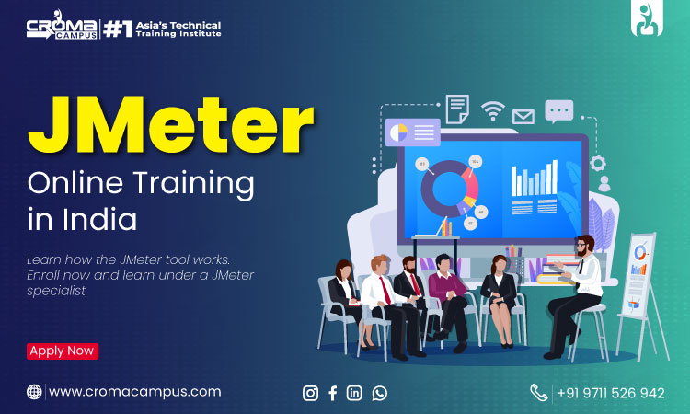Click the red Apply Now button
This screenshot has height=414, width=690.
point(63,351)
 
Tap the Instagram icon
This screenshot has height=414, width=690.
point(310,393)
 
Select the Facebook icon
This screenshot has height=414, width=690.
point(333,393)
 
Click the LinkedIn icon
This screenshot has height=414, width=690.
point(354,393)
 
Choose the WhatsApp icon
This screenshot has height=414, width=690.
point(379,393)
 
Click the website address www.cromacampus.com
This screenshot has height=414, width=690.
point(134,392)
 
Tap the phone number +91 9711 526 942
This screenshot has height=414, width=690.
point(610,393)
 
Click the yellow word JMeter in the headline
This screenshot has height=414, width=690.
point(171,124)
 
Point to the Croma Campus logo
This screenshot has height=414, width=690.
point(62,26)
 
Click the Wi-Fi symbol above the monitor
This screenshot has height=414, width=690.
point(492,110)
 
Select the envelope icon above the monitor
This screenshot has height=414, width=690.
point(523,117)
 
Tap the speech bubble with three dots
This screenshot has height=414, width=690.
point(558,111)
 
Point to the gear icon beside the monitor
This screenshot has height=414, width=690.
point(598,164)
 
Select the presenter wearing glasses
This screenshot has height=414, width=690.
point(573,294)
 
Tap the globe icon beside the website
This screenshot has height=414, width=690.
point(34,392)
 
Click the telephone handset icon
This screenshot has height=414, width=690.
point(538,393)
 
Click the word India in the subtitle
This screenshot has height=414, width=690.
point(99,219)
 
